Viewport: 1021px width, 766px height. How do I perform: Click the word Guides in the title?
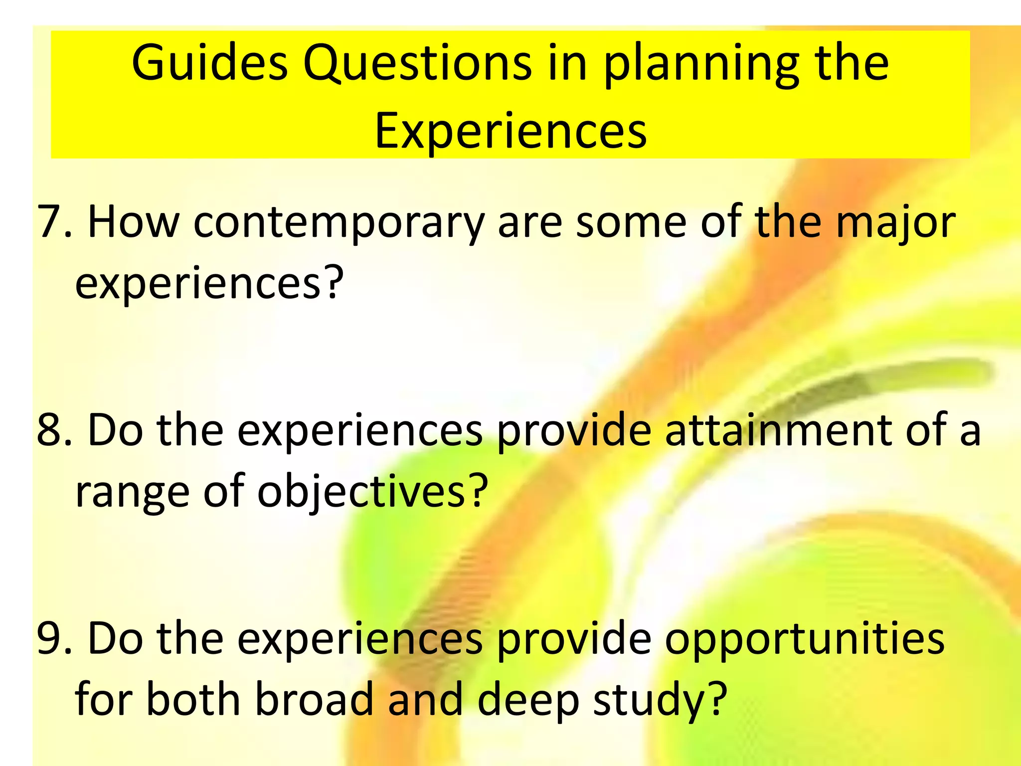pyautogui.click(x=210, y=64)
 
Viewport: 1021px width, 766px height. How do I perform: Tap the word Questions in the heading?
pyautogui.click(x=417, y=64)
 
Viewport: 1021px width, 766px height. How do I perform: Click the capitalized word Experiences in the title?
pyautogui.click(x=510, y=131)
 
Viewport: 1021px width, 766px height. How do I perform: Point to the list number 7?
pyautogui.click(x=54, y=222)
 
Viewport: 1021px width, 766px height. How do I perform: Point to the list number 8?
pyautogui.click(x=54, y=430)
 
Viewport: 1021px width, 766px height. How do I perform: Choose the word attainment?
pyautogui.click(x=778, y=430)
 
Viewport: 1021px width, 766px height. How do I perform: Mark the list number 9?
pyautogui.click(x=54, y=639)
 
